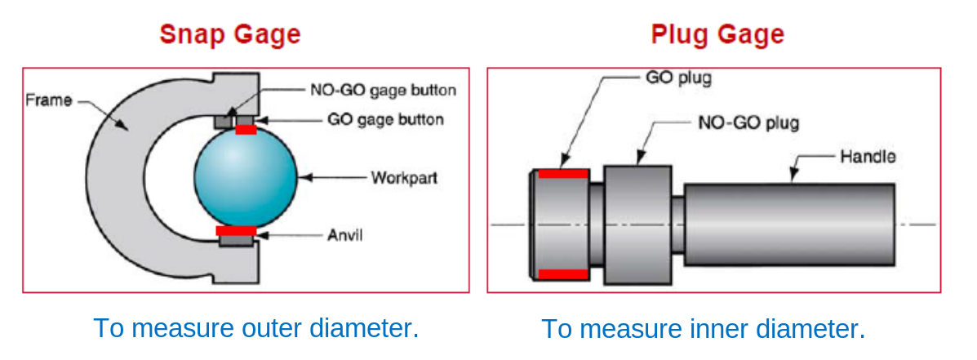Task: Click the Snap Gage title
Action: pyautogui.click(x=229, y=34)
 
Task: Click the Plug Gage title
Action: pyautogui.click(x=717, y=34)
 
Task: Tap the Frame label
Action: pyautogui.click(x=49, y=100)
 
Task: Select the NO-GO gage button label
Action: pyautogui.click(x=383, y=90)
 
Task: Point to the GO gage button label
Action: pyautogui.click(x=385, y=120)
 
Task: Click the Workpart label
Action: pyautogui.click(x=403, y=177)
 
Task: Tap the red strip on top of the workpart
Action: pyautogui.click(x=246, y=130)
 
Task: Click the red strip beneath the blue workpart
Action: pyautogui.click(x=236, y=231)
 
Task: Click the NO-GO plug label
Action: pyautogui.click(x=748, y=123)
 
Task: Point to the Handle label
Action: pyautogui.click(x=867, y=156)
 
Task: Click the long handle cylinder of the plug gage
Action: pyautogui.click(x=788, y=224)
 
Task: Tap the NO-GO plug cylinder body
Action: pyautogui.click(x=637, y=224)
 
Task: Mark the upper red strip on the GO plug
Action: pyautogui.click(x=562, y=174)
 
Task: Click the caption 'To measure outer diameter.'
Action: pyautogui.click(x=255, y=328)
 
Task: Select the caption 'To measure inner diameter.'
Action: pyautogui.click(x=703, y=329)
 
